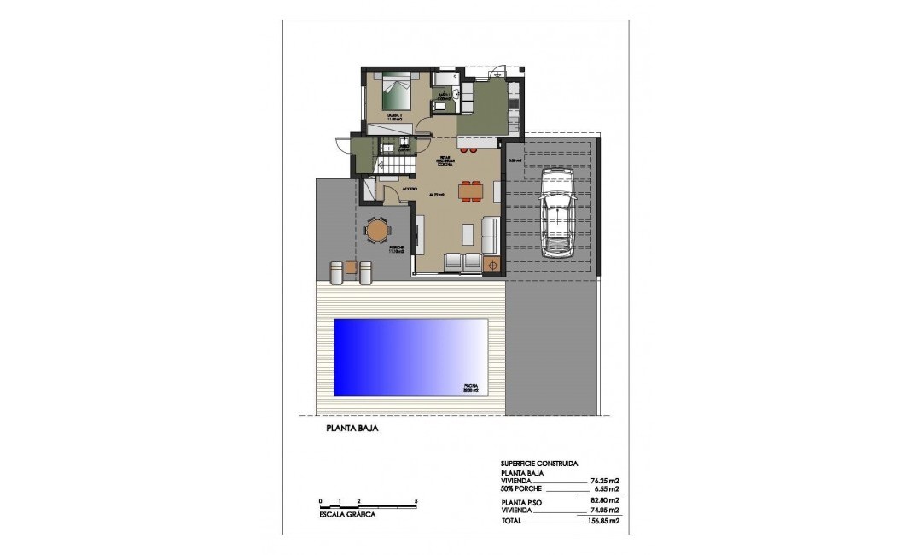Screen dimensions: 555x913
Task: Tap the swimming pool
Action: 410,357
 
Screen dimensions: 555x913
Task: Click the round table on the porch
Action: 376,230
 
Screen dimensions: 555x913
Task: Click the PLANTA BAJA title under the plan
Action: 351,429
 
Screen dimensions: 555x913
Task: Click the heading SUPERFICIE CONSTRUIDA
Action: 539,463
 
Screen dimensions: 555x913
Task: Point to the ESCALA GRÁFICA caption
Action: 346,514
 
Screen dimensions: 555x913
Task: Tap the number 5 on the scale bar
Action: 416,499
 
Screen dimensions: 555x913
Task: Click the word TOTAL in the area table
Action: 511,520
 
